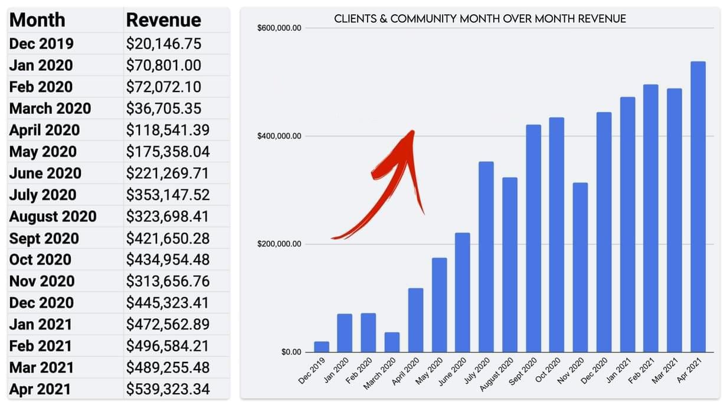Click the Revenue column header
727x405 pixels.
click(163, 20)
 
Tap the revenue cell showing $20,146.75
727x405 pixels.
click(163, 44)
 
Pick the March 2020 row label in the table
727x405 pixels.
click(50, 109)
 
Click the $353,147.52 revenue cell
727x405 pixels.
click(168, 195)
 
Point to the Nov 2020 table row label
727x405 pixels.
click(42, 281)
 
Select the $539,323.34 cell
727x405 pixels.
click(168, 389)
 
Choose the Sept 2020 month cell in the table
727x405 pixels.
click(44, 238)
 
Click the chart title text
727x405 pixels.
click(480, 19)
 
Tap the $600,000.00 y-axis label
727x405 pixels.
click(280, 28)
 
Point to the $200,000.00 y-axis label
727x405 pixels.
click(280, 244)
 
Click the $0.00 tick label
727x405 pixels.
click(291, 352)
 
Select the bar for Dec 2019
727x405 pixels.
click(322, 347)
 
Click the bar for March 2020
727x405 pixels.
click(392, 342)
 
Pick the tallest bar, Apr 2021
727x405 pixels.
click(698, 207)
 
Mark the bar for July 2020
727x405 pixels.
click(486, 257)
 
